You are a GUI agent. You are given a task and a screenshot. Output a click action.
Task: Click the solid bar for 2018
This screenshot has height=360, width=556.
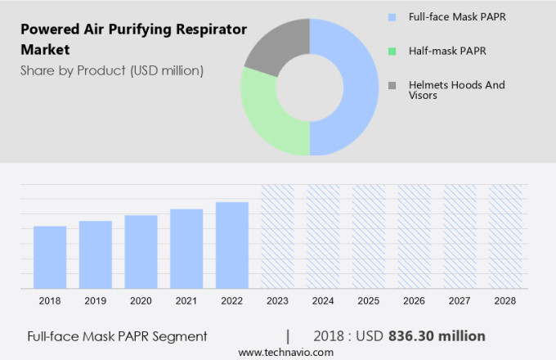[50, 257]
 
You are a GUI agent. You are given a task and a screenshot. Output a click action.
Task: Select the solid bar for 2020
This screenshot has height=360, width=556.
[141, 252]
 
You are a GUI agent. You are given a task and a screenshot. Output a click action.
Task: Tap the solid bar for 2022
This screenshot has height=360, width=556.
[232, 245]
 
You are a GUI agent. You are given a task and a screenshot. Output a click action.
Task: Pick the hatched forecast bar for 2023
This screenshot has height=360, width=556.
[277, 236]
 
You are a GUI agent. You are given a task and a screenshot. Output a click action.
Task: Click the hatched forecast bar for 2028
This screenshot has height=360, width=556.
[504, 236]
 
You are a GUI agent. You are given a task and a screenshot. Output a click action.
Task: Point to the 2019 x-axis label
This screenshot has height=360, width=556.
[95, 301]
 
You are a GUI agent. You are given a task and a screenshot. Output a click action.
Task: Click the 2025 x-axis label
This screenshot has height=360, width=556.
[368, 301]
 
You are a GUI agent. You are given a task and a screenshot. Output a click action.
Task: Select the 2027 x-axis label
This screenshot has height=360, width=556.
[460, 301]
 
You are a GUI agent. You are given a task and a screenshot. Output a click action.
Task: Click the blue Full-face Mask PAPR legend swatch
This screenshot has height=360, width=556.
[392, 16]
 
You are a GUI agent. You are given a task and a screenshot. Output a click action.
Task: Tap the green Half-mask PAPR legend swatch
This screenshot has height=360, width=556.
[392, 51]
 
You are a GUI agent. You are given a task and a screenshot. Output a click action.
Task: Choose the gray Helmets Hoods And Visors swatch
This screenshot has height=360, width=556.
[392, 85]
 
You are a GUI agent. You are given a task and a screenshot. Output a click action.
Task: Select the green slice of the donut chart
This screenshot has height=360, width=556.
[270, 115]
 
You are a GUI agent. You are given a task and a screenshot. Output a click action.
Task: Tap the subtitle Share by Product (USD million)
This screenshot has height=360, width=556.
[112, 70]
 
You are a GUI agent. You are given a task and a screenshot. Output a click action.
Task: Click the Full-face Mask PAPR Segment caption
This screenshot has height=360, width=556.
[117, 336]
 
